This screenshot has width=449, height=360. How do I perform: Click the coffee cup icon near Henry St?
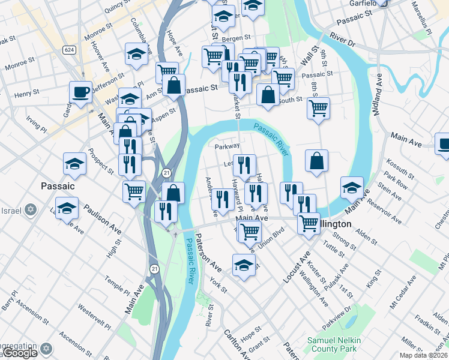pos(80,92)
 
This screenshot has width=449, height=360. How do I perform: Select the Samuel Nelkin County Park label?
pos(334,344)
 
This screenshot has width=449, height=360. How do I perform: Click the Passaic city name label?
pos(58,186)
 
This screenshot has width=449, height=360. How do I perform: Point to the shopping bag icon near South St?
pos(268,94)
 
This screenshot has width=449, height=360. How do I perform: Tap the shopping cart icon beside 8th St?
pos(318,109)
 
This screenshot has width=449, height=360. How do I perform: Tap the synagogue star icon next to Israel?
pos(30,211)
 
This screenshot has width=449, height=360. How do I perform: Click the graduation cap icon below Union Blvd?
pos(244,265)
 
